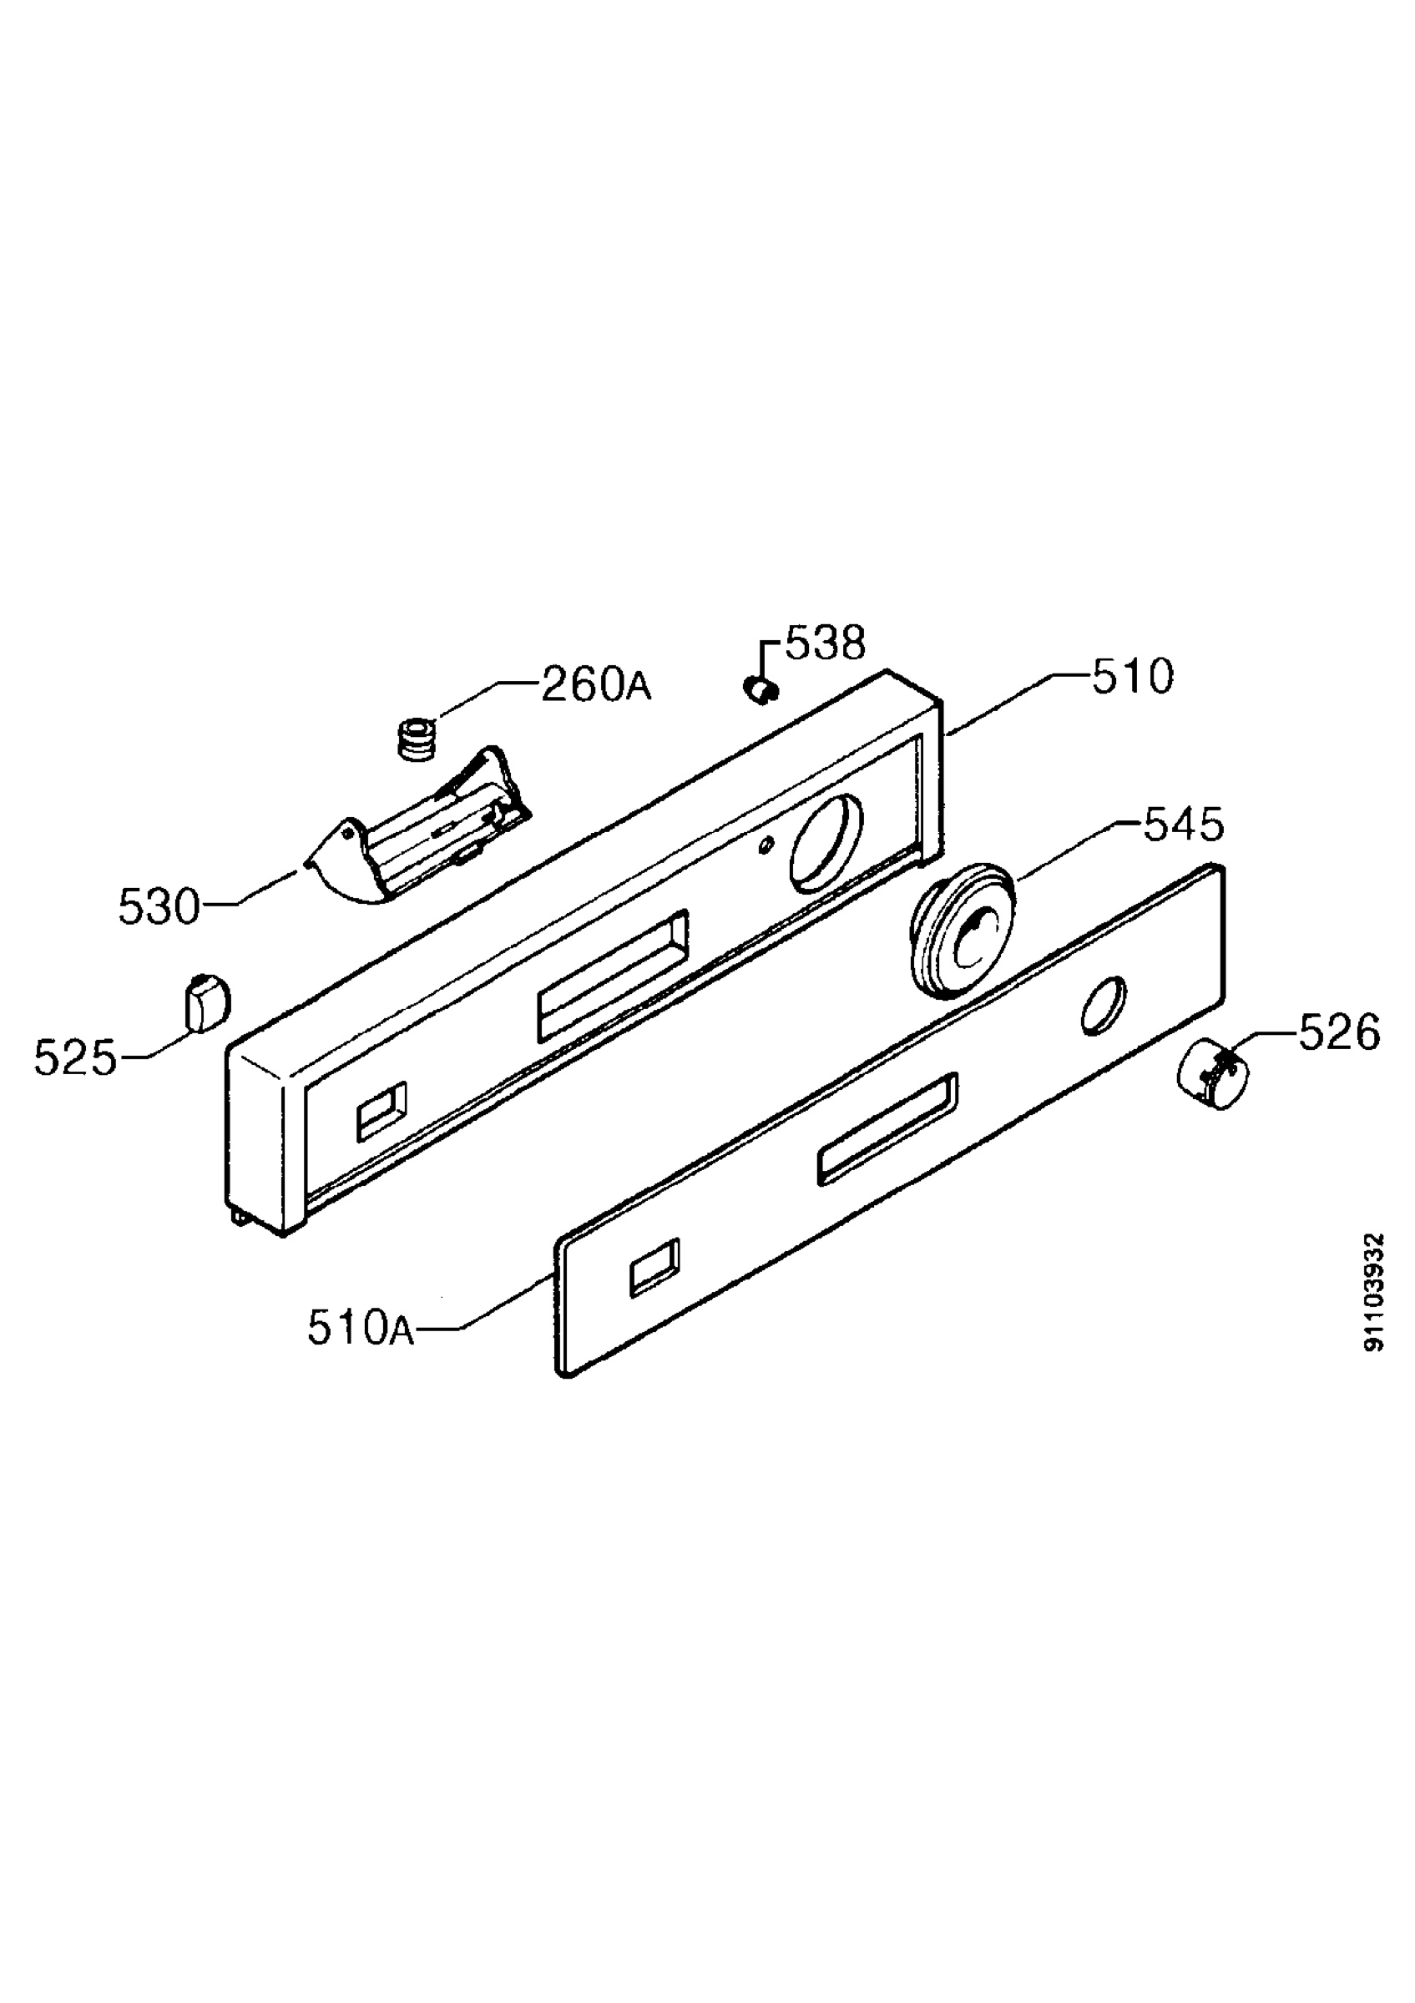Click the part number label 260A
pos(596,685)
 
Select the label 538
pos(826,643)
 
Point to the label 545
pos(1184,825)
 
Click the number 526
pos(1339,1033)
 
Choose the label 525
pos(75,1059)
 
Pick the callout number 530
pos(159,907)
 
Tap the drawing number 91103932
pos(1374,1292)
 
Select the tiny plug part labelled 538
pos(761,691)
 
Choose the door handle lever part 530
pos(417,825)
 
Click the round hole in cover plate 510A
pos(1103,1006)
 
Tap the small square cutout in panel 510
pos(382,1112)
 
